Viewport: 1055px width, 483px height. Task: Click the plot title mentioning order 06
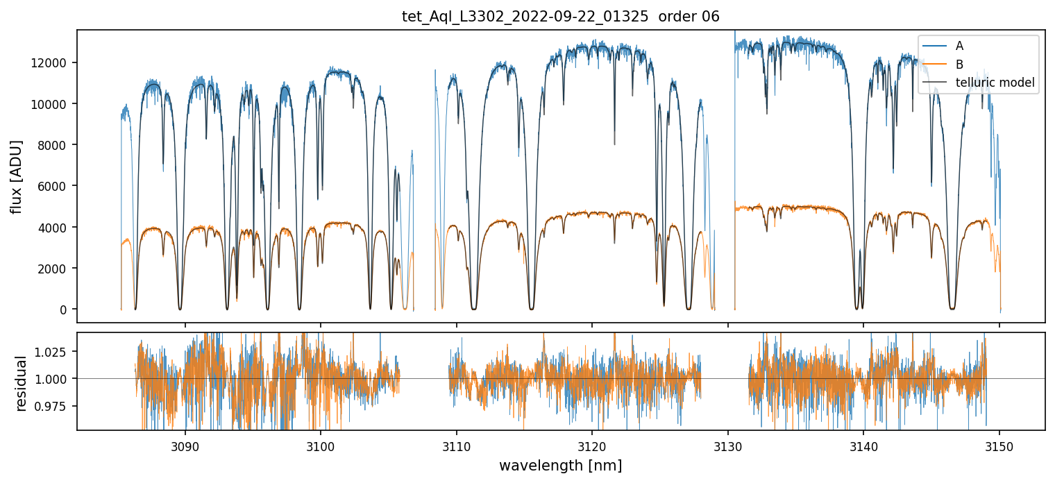560,17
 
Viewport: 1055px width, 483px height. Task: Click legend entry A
959,46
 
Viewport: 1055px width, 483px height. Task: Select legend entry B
959,65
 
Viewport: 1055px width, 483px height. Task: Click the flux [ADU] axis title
17,176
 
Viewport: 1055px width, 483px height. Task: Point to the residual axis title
21,383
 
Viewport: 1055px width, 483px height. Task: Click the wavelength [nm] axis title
560,466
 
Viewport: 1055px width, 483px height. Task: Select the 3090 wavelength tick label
185,446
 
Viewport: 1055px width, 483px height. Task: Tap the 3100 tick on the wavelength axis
320,446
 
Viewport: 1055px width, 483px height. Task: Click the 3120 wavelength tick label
591,446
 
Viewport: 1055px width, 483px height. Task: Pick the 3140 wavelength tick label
863,446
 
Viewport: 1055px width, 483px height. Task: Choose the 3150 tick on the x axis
999,446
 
